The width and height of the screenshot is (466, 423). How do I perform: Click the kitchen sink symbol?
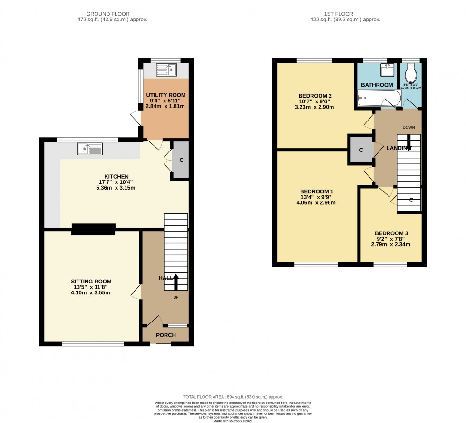click(89, 149)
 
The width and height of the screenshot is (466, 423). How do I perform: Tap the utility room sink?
click(166, 70)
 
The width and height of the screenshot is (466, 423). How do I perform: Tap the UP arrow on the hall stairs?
click(176, 282)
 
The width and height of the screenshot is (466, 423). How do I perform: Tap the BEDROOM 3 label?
click(391, 233)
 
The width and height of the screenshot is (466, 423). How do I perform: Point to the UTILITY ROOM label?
click(165, 95)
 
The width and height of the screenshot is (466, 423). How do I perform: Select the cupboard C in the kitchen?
click(181, 161)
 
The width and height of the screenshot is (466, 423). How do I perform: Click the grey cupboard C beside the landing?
click(361, 150)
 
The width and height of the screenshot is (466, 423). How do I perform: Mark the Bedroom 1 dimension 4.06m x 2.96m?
click(316, 202)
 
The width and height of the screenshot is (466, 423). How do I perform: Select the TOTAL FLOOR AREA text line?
click(233, 397)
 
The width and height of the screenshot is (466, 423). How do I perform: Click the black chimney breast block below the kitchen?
click(93, 229)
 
